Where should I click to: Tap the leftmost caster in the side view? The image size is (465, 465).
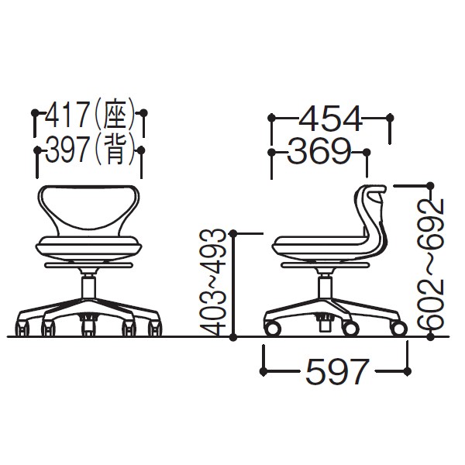point(273,330)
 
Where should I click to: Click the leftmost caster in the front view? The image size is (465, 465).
point(22,329)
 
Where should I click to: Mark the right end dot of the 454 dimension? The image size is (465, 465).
point(390,119)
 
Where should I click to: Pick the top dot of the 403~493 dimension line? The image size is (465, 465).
point(235,232)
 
